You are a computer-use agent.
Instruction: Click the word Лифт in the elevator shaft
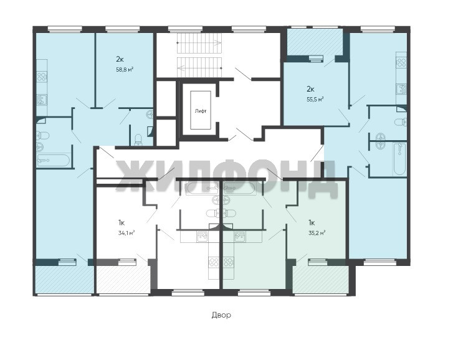pyautogui.click(x=201, y=111)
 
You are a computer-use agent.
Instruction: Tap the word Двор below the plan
pyautogui.click(x=221, y=315)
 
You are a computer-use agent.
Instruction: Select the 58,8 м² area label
pyautogui.click(x=125, y=69)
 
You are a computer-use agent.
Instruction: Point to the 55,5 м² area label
pyautogui.click(x=315, y=99)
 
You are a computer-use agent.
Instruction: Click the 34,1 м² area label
pyautogui.click(x=126, y=233)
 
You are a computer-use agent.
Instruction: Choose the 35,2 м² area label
pyautogui.click(x=317, y=233)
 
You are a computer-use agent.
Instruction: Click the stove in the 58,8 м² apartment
pyautogui.click(x=42, y=77)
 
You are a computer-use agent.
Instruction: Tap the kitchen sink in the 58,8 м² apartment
pyautogui.click(x=42, y=100)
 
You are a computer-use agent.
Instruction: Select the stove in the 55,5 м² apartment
pyautogui.click(x=401, y=63)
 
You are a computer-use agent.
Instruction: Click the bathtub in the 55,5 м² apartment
pyautogui.click(x=400, y=159)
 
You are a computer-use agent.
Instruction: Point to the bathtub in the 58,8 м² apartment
pyautogui.click(x=54, y=161)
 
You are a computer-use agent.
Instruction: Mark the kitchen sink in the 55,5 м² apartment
pyautogui.click(x=401, y=88)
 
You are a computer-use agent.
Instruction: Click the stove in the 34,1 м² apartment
pyautogui.click(x=214, y=262)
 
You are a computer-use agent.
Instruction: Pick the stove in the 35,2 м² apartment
pyautogui.click(x=229, y=262)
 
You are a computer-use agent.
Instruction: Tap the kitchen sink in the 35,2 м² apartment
pyautogui.click(x=241, y=237)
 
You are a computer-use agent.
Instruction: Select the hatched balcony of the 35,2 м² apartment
pyautogui.click(x=321, y=280)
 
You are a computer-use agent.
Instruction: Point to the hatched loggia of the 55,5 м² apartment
pyautogui.click(x=315, y=44)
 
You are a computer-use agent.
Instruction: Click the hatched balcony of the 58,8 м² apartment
pyautogui.click(x=64, y=280)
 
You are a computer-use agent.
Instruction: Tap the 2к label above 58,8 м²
pyautogui.click(x=120, y=59)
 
